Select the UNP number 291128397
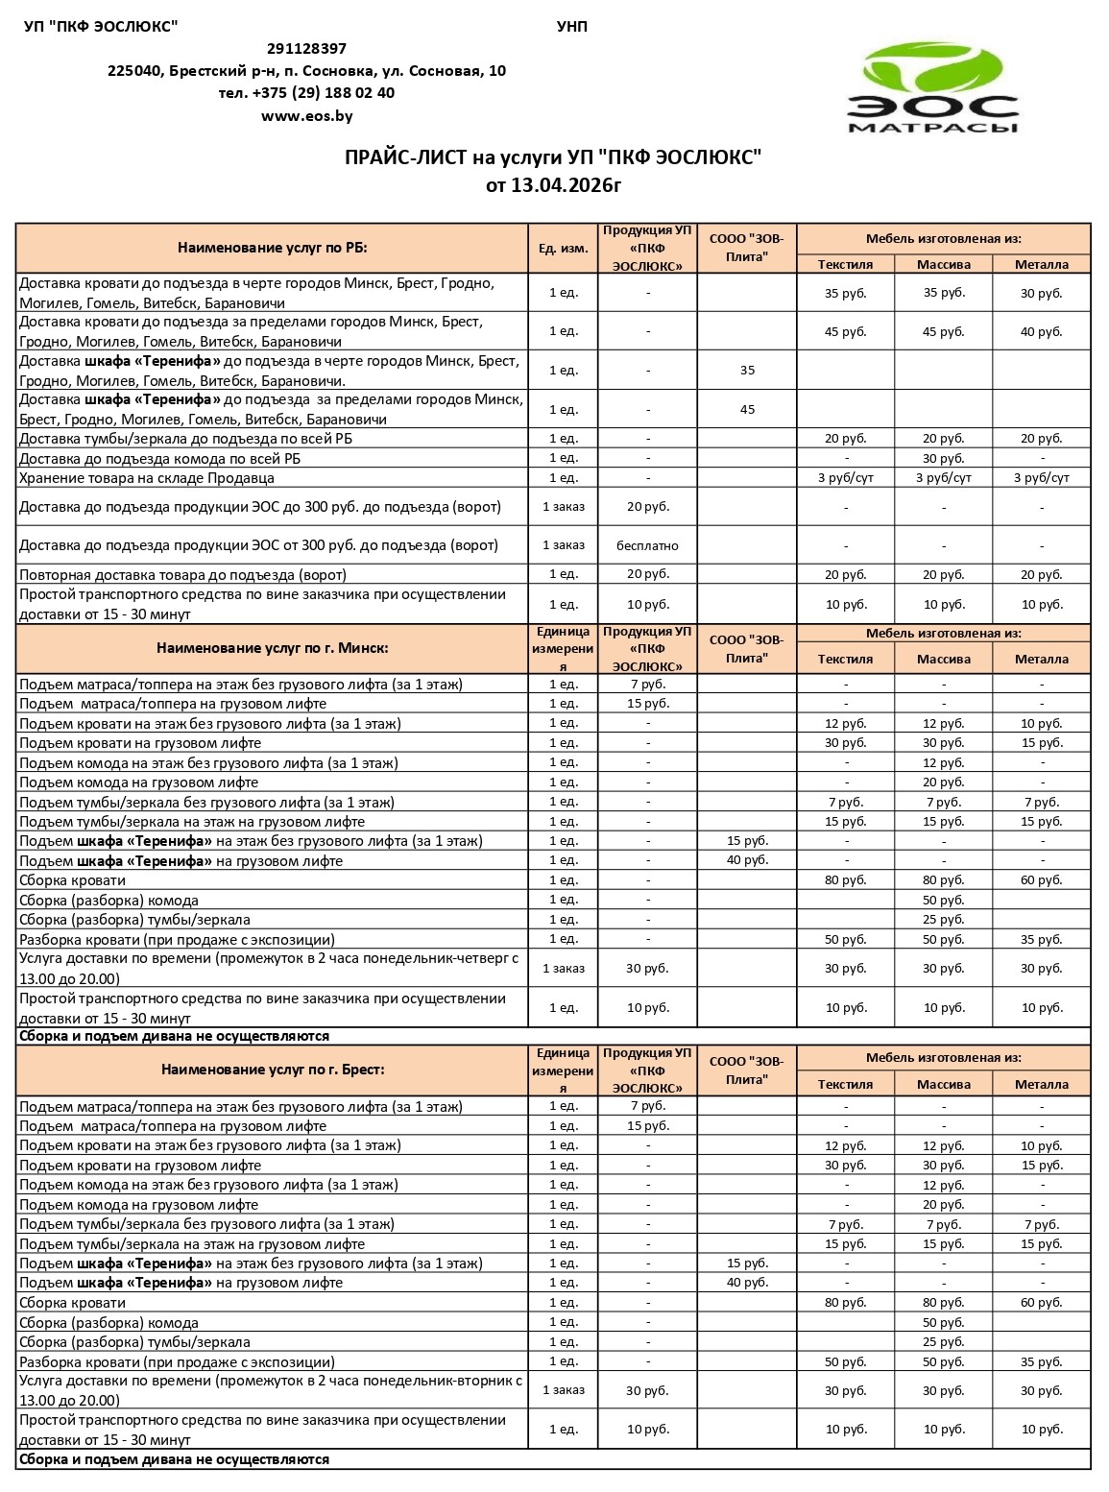(306, 49)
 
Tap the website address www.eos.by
(306, 116)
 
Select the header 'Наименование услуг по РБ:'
(272, 248)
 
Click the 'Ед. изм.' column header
(563, 249)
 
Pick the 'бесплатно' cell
(647, 545)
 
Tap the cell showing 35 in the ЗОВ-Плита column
(747, 371)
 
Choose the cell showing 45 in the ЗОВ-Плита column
(747, 410)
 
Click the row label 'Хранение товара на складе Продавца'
(147, 478)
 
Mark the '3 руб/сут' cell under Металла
(1041, 478)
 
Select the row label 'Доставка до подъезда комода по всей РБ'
(159, 459)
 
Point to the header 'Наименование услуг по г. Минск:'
(272, 648)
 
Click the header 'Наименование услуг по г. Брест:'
(272, 1070)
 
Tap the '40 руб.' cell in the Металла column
(1041, 332)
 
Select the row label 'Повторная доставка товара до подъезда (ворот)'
(182, 575)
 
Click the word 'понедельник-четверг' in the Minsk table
(442, 958)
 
